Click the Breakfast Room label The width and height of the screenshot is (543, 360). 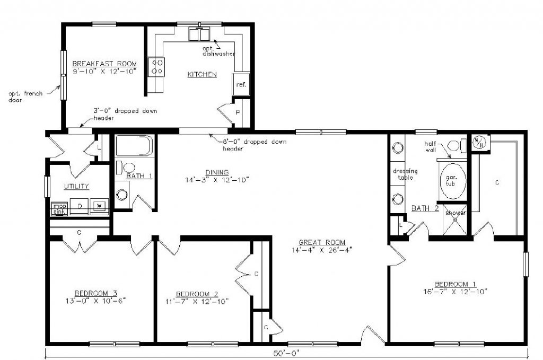click(x=104, y=64)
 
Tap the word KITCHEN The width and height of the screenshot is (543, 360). click(x=202, y=75)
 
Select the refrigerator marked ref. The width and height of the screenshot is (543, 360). click(x=241, y=85)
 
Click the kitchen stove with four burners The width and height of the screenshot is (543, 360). click(x=157, y=66)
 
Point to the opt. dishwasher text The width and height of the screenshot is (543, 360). click(x=218, y=51)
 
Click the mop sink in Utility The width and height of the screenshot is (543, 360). click(x=58, y=208)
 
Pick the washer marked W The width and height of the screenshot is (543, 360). click(x=99, y=206)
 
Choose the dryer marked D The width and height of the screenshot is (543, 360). click(x=80, y=206)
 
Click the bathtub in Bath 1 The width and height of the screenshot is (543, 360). click(x=134, y=147)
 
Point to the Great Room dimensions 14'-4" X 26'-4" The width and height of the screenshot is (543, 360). click(x=321, y=249)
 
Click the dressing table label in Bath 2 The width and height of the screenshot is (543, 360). click(x=405, y=174)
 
